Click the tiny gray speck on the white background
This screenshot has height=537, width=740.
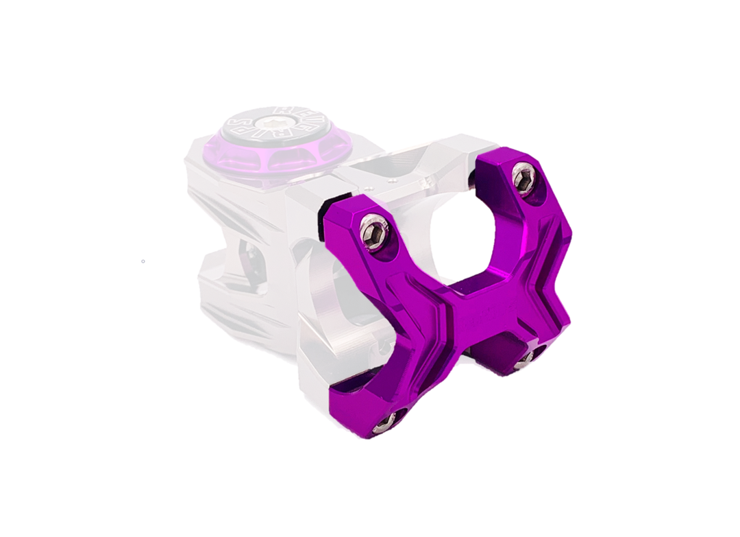click(143, 261)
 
